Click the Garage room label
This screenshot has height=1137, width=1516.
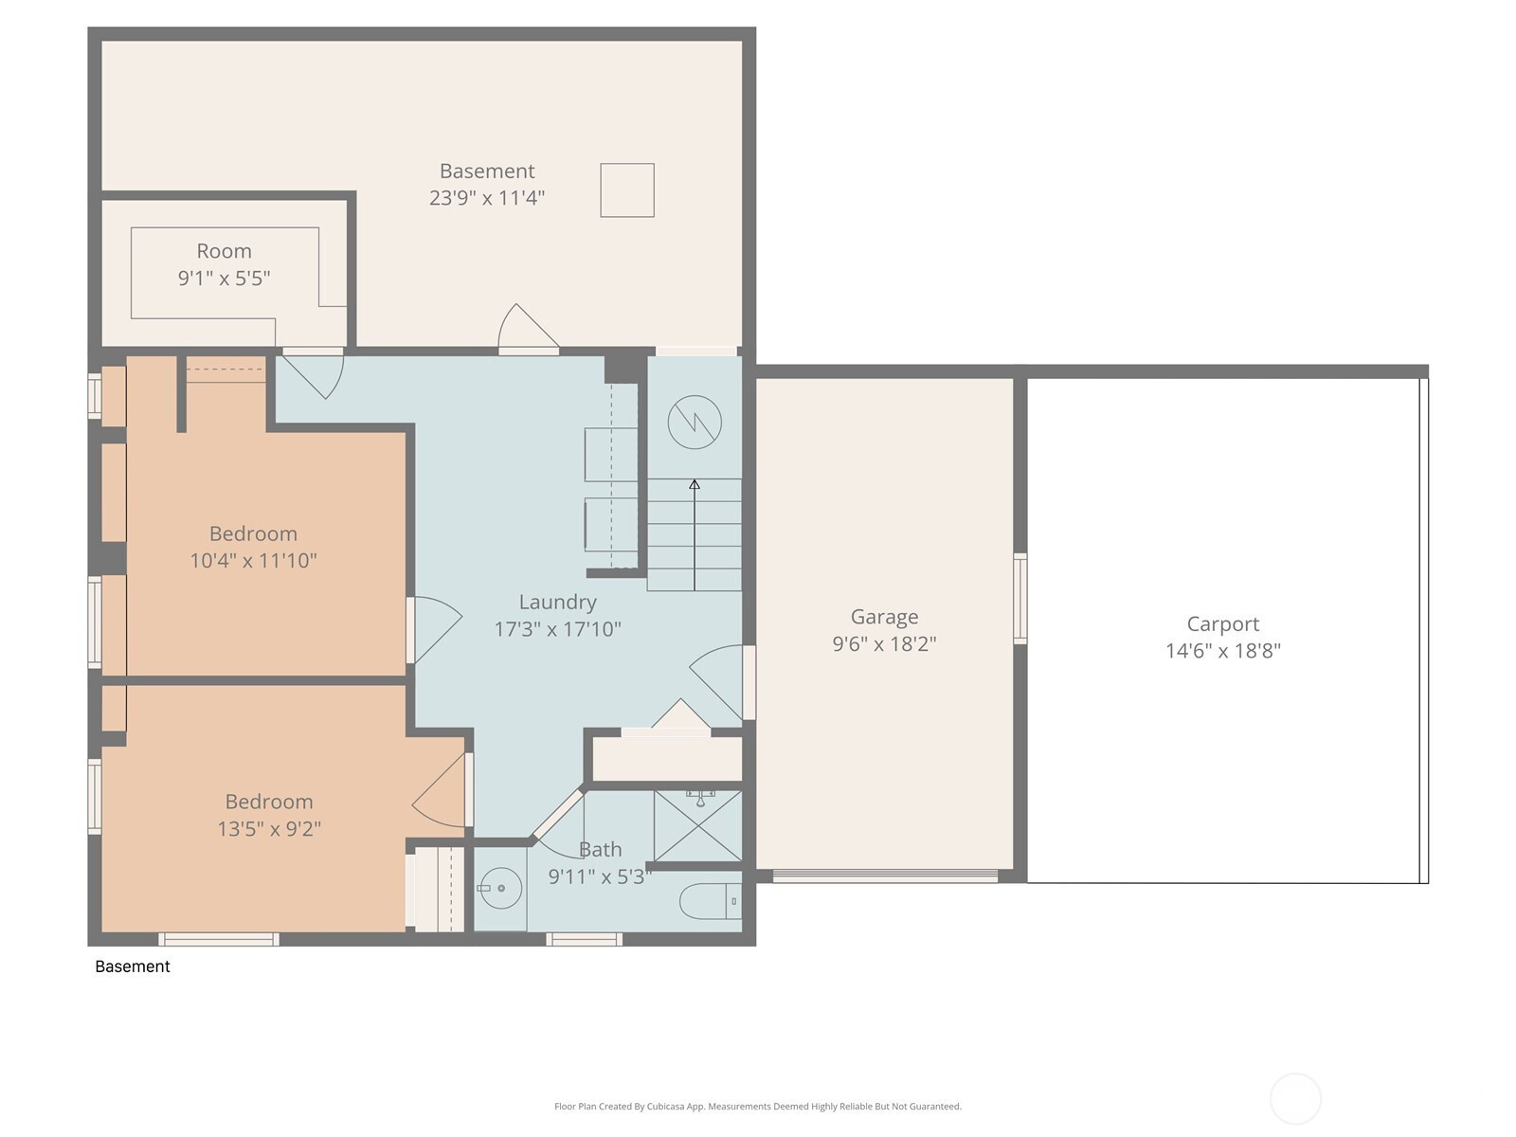(x=884, y=617)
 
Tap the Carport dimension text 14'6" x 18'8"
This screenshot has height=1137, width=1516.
(x=1223, y=651)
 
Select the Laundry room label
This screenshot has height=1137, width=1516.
(x=557, y=602)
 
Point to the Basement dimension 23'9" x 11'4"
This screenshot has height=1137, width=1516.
(x=487, y=198)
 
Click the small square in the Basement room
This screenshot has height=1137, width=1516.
(x=627, y=190)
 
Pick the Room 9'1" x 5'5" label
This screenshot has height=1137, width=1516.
(x=224, y=264)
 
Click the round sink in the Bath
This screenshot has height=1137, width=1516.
(x=500, y=889)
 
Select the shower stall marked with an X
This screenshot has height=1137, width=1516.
(x=697, y=825)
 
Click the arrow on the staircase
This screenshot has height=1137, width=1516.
(x=695, y=535)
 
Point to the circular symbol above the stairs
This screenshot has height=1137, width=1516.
(x=695, y=423)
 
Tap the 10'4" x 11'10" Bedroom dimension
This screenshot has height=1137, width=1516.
(x=254, y=561)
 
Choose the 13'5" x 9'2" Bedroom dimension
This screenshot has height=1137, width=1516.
(x=269, y=828)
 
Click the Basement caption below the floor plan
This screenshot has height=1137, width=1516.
(x=133, y=966)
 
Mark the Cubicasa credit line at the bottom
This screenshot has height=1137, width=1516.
(x=758, y=1106)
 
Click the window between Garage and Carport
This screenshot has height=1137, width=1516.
(x=1020, y=599)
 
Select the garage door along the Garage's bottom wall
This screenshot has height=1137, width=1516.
(x=885, y=876)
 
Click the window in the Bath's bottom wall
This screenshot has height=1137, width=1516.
(x=585, y=940)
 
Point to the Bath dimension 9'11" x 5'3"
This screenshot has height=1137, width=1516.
(x=600, y=876)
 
